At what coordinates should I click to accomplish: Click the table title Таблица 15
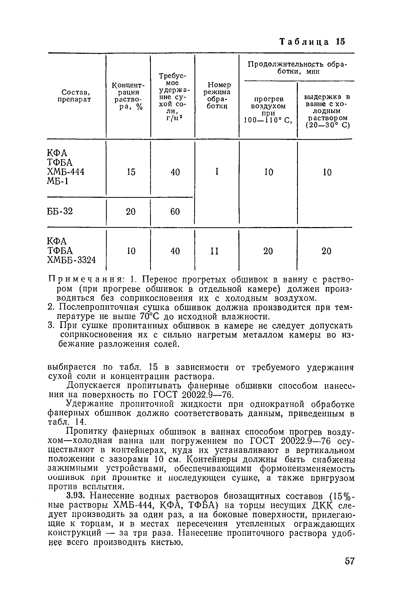(312, 42)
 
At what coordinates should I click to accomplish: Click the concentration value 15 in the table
(131, 172)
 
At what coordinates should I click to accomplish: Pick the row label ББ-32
(60, 211)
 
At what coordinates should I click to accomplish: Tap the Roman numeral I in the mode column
(216, 172)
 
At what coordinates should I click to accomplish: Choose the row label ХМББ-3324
(71, 260)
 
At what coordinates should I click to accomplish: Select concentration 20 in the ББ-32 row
(131, 211)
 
